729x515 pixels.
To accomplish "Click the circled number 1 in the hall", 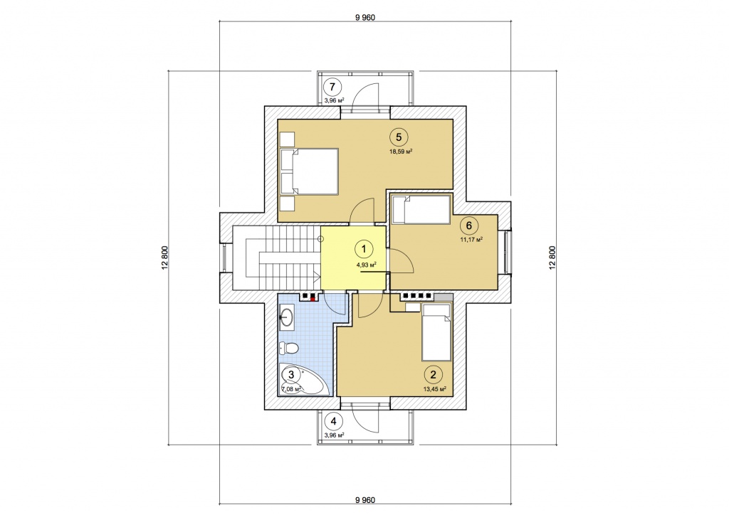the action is (x=364, y=249).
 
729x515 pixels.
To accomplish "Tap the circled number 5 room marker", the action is (x=399, y=137).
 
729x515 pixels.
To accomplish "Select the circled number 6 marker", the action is (x=468, y=225).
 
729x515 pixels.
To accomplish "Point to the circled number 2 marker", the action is (x=434, y=375).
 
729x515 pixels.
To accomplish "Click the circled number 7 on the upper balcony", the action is (x=332, y=87).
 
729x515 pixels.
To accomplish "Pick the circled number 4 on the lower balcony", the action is (x=333, y=422).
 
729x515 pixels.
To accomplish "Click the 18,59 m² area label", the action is (x=402, y=152).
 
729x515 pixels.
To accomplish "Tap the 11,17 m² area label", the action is (x=471, y=240).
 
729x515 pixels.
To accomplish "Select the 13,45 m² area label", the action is (x=435, y=389).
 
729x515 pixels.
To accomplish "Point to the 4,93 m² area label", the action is (x=367, y=265).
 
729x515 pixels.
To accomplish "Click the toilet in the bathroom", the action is (x=289, y=347).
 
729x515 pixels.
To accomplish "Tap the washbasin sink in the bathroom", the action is (x=286, y=318).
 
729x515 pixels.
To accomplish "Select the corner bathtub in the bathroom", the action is (x=302, y=379).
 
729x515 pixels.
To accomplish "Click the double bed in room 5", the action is (x=309, y=171).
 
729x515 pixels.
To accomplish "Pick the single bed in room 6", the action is (x=421, y=209).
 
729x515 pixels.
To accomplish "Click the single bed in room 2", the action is (x=436, y=331).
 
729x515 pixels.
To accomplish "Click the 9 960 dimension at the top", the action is (x=365, y=18).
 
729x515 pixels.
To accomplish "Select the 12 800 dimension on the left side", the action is (x=164, y=257).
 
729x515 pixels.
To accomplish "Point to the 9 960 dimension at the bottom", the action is (x=365, y=500).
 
